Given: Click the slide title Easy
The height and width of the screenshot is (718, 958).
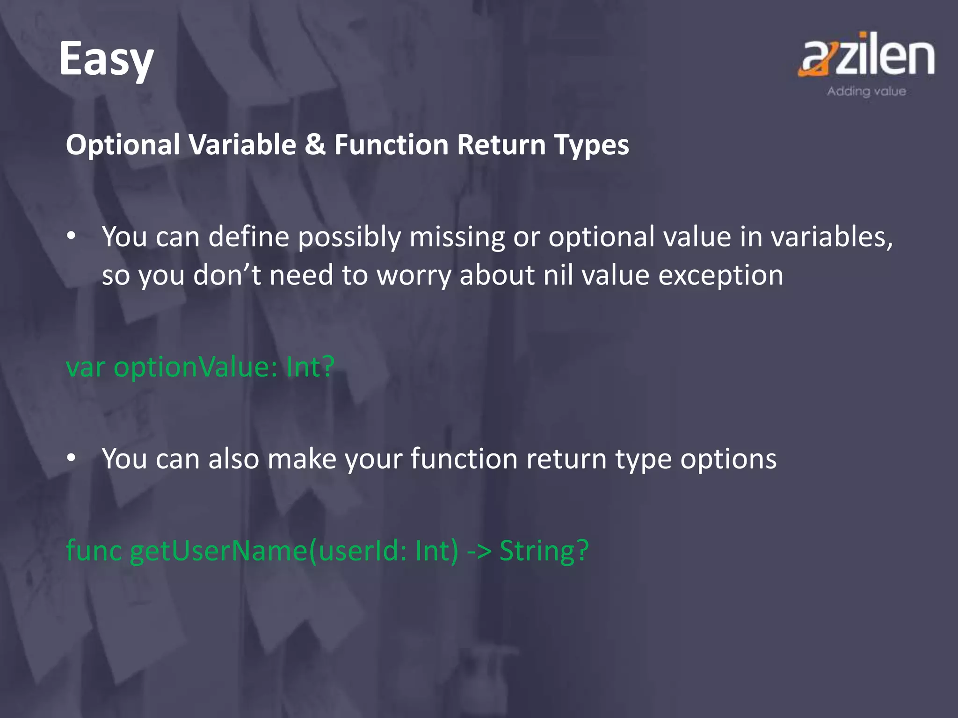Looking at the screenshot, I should click(106, 60).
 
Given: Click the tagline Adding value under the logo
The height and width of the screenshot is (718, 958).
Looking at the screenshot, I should click(866, 91).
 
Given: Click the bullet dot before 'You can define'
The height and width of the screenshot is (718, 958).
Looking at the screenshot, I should click(71, 237).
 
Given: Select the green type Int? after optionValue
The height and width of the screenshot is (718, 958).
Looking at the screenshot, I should click(310, 366).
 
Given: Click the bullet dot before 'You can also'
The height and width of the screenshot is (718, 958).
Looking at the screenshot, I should click(71, 459).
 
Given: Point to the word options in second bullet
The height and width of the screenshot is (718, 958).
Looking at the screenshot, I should click(728, 460).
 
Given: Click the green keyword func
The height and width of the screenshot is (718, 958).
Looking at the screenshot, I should click(94, 550).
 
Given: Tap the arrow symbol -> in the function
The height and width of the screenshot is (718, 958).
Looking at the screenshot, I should click(479, 551).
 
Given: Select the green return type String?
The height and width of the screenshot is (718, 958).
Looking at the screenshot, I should click(544, 551).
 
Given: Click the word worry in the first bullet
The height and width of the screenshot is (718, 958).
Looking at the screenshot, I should click(414, 276).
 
